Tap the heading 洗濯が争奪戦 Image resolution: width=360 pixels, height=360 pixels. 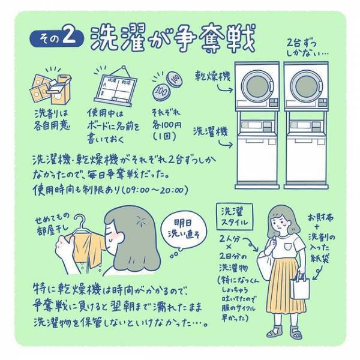tap(172, 37)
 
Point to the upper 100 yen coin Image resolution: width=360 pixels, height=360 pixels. tap(173, 77)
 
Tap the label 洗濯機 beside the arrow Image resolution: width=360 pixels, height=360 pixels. tap(211, 131)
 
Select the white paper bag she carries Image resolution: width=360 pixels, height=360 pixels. tap(301, 287)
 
